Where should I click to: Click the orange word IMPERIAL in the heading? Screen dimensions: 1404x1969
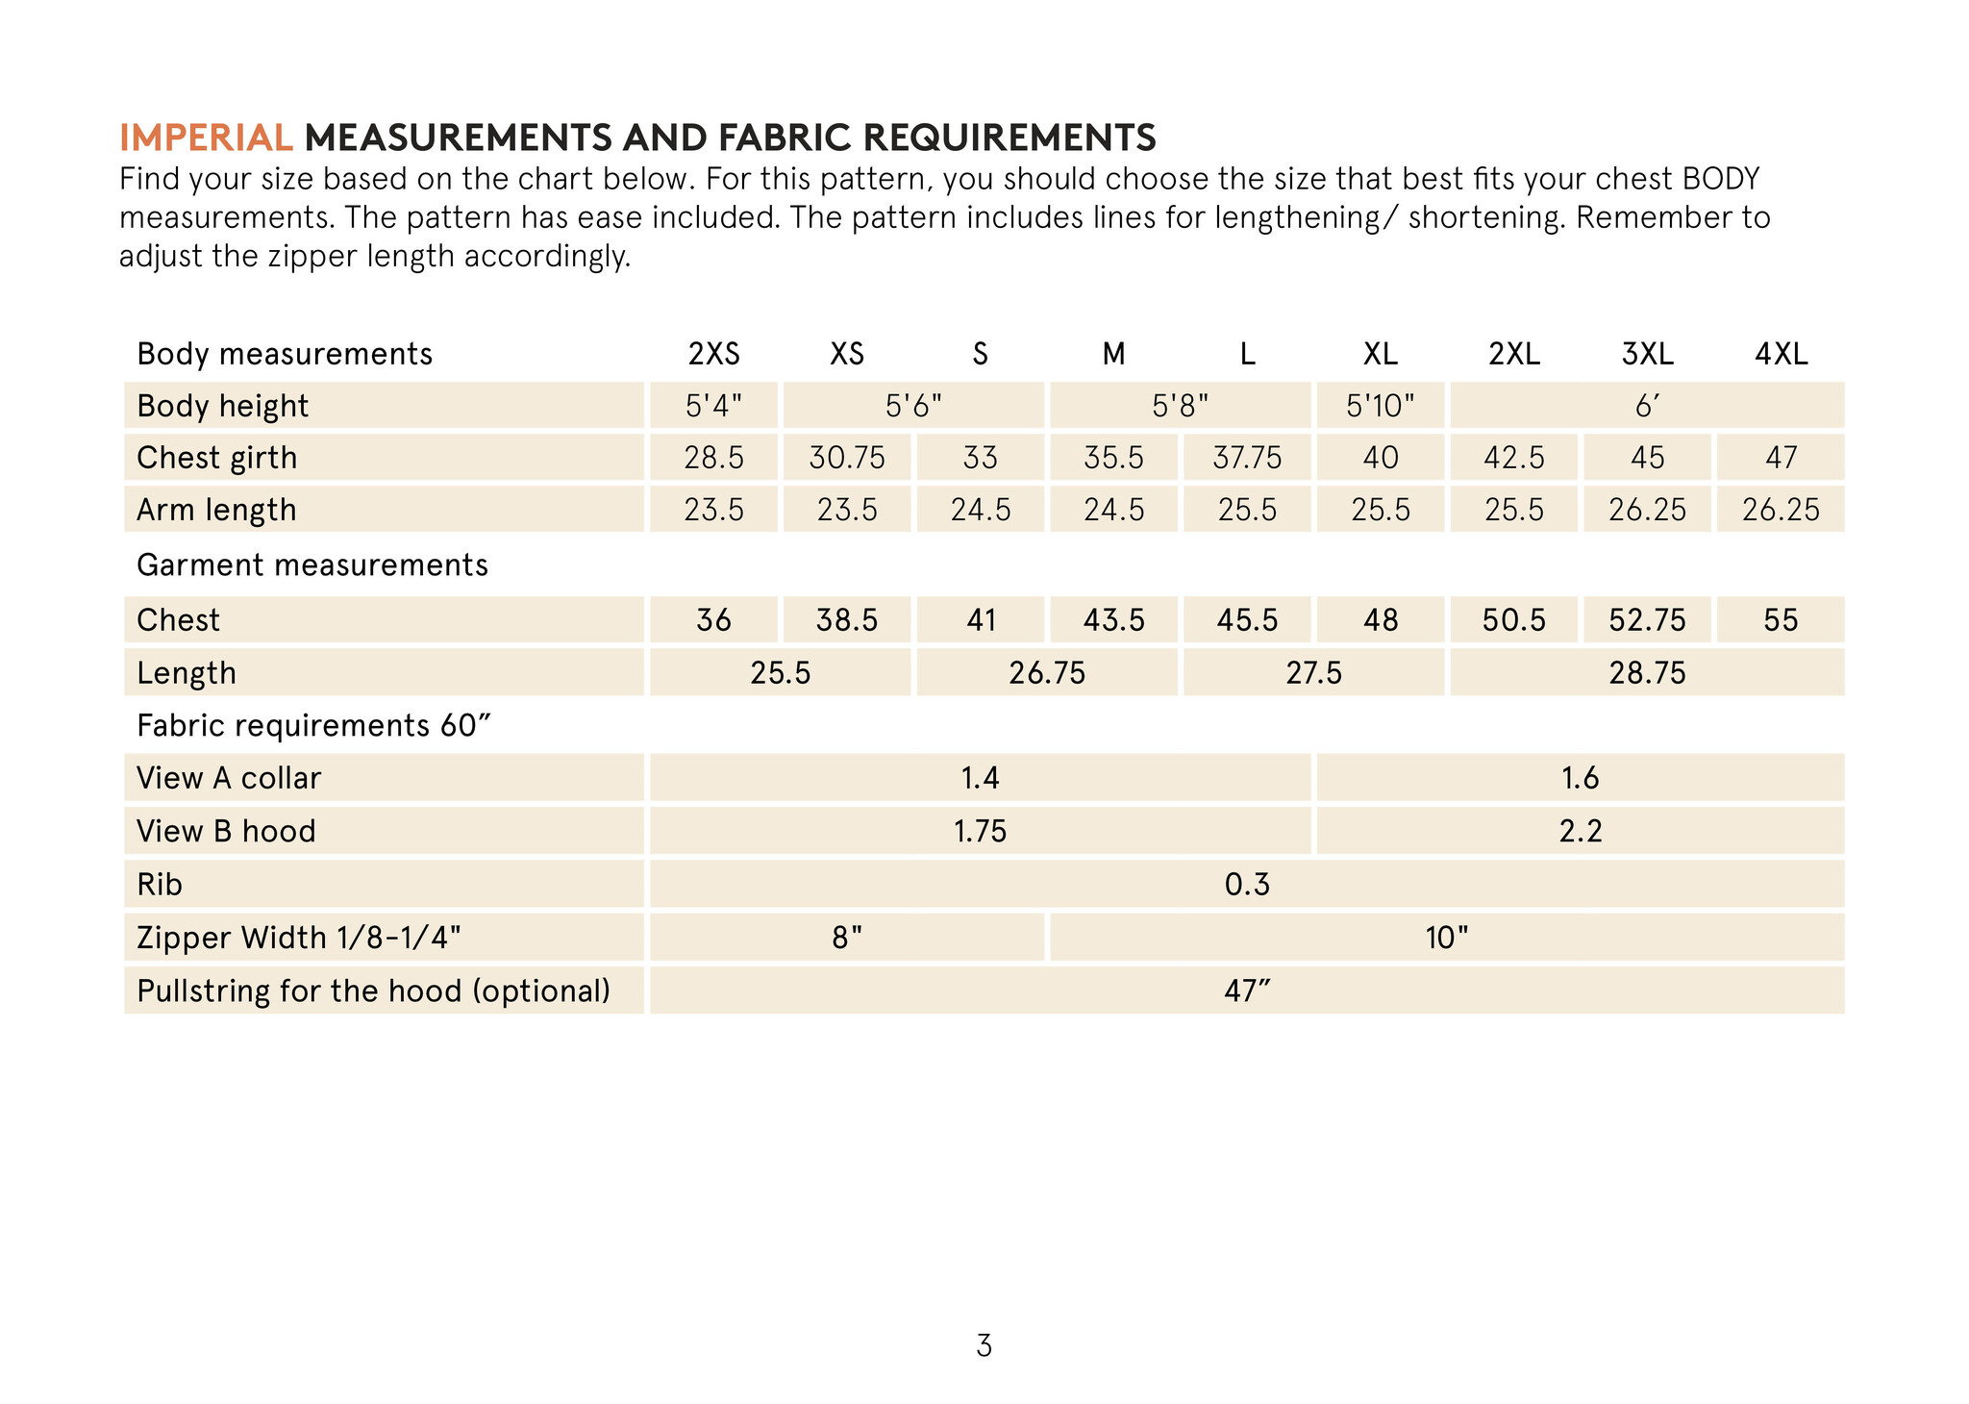pos(206,138)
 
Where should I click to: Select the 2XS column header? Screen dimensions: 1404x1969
pos(713,355)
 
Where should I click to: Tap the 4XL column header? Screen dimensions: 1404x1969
pos(1781,355)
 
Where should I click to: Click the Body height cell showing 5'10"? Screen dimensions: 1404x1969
pos(1380,406)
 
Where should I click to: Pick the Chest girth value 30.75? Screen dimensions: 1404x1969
pos(846,458)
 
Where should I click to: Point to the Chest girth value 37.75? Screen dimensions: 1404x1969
pos(1247,458)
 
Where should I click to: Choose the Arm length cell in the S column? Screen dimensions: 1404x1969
pos(980,510)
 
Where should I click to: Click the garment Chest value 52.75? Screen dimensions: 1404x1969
pos(1647,620)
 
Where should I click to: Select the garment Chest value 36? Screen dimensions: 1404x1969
pos(713,620)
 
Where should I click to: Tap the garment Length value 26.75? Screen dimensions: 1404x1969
pos(1046,673)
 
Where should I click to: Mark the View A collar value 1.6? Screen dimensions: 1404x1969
pos(1580,778)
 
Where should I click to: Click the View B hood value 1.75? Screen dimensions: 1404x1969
pos(980,831)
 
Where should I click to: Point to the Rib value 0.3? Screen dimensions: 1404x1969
pos(1247,885)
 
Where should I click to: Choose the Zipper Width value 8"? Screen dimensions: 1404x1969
pos(846,938)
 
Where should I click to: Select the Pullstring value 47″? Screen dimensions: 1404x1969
pos(1247,990)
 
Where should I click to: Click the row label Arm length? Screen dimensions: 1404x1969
pos(216,510)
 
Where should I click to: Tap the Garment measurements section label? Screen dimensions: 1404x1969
pos(312,565)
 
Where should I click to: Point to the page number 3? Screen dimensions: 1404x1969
pos(984,1346)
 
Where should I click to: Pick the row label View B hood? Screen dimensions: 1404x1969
pos(226,831)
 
